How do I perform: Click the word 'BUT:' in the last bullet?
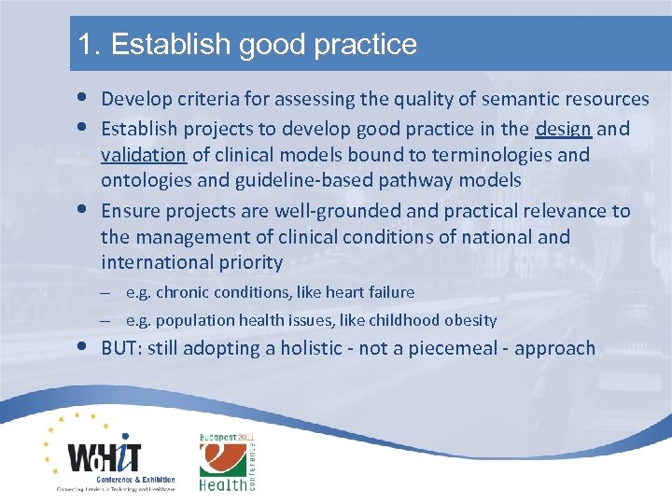click(x=124, y=349)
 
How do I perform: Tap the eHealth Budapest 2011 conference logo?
click(x=227, y=462)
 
